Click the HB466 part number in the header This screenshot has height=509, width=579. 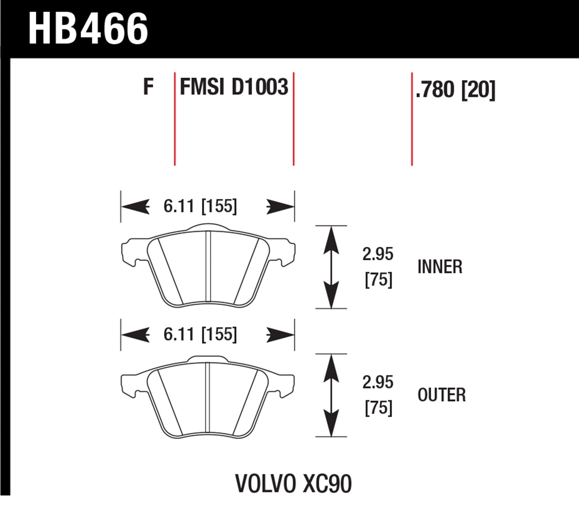click(x=88, y=29)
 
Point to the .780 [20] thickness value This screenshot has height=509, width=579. click(x=455, y=90)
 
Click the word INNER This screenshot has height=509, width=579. click(x=440, y=267)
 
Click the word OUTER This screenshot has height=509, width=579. click(x=442, y=395)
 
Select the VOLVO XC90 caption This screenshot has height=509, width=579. click(x=293, y=484)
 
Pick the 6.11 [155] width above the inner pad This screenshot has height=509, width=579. click(x=200, y=206)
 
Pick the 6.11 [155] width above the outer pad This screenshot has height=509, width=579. click(x=200, y=334)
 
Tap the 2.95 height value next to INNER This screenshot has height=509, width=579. click(x=378, y=254)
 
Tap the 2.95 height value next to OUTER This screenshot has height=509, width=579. click(x=378, y=382)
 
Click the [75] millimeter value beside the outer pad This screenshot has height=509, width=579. click(x=378, y=408)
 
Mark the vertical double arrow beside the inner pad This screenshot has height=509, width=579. click(x=331, y=267)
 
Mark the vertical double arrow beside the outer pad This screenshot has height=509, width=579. click(x=331, y=395)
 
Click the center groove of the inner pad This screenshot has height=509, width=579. click(x=208, y=266)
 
